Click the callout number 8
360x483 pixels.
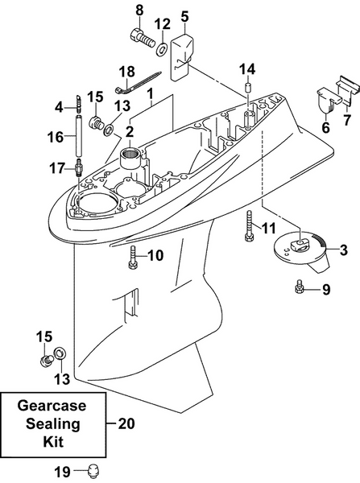pyautogui.click(x=138, y=10)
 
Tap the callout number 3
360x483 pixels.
pyautogui.click(x=343, y=250)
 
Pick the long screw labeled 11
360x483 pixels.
pyautogui.click(x=249, y=226)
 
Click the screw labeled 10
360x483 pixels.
pyautogui.click(x=134, y=258)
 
